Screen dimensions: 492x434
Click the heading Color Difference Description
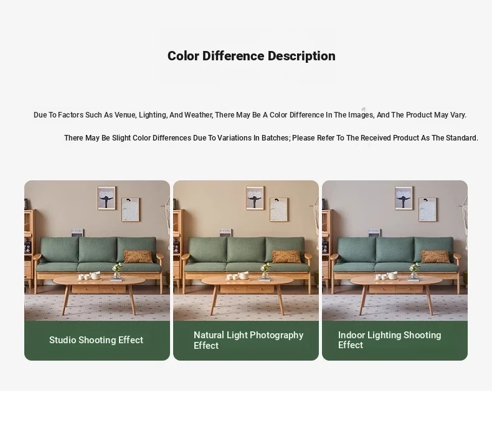tap(252, 56)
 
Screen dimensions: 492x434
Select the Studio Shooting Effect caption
tap(96, 340)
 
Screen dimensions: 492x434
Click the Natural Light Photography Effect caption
tap(248, 340)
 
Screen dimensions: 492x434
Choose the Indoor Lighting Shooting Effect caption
tap(390, 340)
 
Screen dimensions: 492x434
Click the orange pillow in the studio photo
tap(138, 257)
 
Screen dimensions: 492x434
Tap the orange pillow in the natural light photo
tap(286, 257)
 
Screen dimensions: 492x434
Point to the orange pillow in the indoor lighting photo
tap(435, 257)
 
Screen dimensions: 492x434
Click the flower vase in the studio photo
tap(116, 271)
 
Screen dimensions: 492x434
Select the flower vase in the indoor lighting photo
tap(414, 271)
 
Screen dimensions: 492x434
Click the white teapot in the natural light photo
tap(243, 275)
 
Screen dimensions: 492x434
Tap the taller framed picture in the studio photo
tap(106, 198)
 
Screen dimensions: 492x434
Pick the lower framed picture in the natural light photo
tap(279, 210)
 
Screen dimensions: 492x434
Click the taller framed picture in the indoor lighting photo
tap(404, 198)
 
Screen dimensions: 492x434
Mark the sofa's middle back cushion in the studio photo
tap(98, 250)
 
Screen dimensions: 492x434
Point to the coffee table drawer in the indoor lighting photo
tap(396, 289)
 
